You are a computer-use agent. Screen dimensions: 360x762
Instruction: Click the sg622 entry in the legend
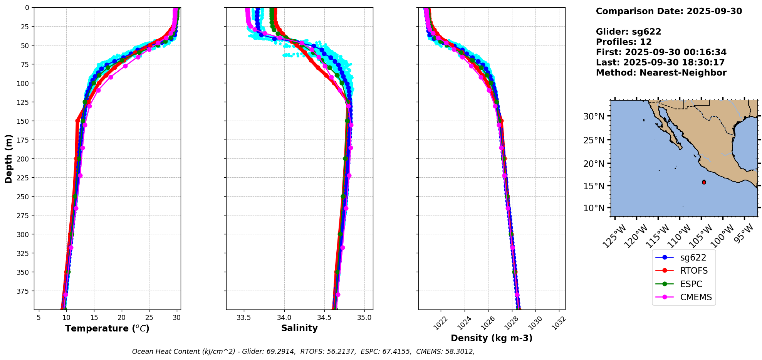pos(693,257)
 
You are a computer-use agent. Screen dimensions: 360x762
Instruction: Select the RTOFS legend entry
pos(694,271)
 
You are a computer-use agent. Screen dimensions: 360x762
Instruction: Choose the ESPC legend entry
pos(691,284)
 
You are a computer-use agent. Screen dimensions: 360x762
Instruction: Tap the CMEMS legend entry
pos(696,297)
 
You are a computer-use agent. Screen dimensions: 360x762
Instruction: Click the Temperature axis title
pos(107,328)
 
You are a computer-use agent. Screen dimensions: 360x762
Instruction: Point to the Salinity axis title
pos(299,328)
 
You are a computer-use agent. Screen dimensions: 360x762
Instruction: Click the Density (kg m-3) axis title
pos(492,338)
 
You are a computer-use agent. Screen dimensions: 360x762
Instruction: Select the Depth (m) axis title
pos(8,158)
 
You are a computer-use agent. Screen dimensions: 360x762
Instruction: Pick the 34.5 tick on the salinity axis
pos(324,318)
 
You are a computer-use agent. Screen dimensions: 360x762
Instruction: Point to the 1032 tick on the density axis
pos(559,323)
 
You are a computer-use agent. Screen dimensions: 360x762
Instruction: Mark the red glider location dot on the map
pos(704,182)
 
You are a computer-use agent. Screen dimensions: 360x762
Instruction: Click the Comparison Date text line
pos(669,11)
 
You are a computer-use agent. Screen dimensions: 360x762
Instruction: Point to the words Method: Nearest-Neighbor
pos(661,73)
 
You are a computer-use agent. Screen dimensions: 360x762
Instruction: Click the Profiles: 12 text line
pos(624,42)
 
